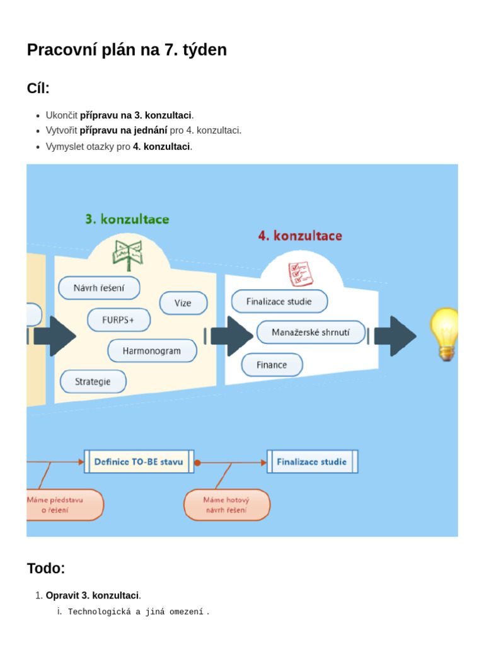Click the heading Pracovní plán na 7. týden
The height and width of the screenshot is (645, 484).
tap(127, 50)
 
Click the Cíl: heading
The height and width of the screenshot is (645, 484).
tap(38, 88)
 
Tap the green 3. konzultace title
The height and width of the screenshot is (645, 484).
tap(127, 219)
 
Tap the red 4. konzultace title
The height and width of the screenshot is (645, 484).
tap(300, 236)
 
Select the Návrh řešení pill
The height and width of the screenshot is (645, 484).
tap(99, 288)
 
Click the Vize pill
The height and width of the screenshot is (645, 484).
tap(183, 303)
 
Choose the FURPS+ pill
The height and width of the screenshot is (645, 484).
tap(118, 320)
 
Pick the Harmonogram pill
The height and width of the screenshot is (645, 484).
tap(152, 351)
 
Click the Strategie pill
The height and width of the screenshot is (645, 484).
tap(93, 382)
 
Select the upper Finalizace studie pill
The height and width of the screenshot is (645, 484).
tap(279, 302)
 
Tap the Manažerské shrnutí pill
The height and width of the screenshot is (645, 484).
tap(311, 333)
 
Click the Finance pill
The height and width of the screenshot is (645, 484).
tap(272, 365)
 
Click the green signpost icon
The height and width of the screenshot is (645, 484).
tap(128, 255)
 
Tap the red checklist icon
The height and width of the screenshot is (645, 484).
tap(301, 273)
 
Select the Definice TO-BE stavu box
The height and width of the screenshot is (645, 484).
tap(139, 462)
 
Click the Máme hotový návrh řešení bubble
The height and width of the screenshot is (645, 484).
tap(227, 505)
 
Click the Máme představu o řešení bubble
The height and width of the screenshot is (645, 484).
tap(65, 505)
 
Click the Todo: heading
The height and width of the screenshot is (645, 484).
tap(46, 568)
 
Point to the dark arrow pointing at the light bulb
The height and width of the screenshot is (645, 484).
tap(396, 336)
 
